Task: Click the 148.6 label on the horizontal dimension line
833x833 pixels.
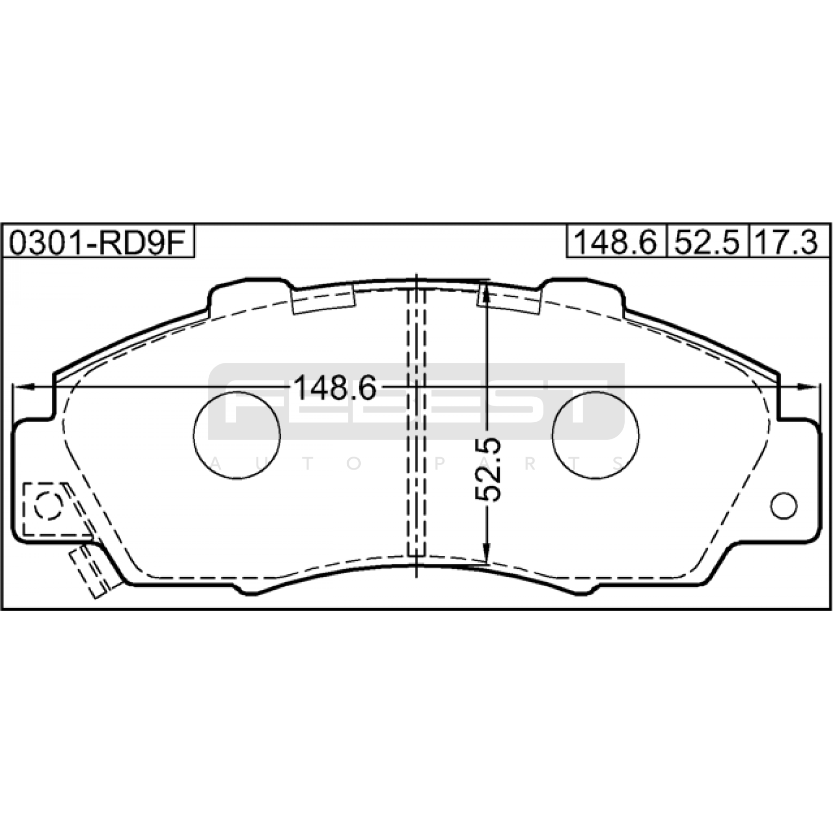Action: coord(335,388)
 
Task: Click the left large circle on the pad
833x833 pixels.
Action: coord(237,435)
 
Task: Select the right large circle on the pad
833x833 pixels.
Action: coord(596,435)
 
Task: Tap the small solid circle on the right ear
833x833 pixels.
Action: coord(784,505)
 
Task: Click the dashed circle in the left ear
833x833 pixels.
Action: coord(48,505)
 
